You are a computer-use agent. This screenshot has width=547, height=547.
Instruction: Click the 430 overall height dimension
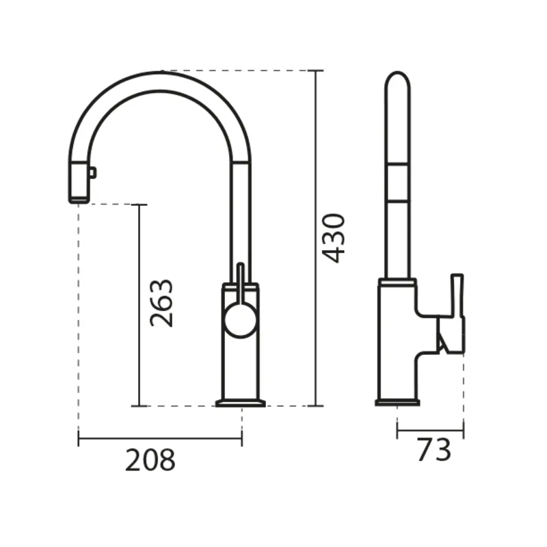[x=333, y=238]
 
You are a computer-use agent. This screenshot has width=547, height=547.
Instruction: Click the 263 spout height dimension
[x=161, y=303]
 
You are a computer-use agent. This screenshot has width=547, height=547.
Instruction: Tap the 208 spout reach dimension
[x=150, y=460]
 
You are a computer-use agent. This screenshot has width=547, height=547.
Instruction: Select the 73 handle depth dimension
[x=434, y=450]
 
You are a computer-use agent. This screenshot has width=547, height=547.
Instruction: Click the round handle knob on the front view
[x=241, y=321]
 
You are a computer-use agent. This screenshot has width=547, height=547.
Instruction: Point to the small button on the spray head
[x=93, y=173]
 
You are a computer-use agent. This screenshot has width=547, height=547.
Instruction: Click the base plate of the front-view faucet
[x=241, y=403]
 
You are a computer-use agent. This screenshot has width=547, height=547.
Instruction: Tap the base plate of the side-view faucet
[x=397, y=403]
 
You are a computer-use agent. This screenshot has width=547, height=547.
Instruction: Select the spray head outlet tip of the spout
[x=79, y=200]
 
